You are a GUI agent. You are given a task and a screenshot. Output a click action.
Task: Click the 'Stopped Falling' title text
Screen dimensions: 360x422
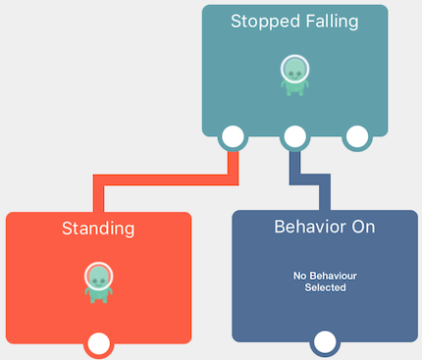pos(294,21)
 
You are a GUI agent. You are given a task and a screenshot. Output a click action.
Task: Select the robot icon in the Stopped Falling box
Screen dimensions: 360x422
pos(294,76)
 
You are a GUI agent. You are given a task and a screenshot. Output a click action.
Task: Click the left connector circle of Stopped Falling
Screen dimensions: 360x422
pos(233,137)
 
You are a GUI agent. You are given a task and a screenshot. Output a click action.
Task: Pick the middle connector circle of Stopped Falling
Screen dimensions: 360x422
pos(294,137)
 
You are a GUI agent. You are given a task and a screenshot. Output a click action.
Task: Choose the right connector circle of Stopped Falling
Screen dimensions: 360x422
pos(355,137)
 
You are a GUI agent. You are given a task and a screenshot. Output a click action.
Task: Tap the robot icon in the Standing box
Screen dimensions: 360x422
pos(98,283)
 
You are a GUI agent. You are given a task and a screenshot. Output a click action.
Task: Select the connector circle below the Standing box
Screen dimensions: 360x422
pos(98,343)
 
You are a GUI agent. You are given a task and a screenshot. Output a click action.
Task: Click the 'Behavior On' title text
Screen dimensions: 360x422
pos(324,227)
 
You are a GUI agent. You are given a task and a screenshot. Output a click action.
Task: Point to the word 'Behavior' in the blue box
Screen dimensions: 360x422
pos(305,227)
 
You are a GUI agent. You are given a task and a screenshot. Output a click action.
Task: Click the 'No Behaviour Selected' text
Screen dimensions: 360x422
pos(324,282)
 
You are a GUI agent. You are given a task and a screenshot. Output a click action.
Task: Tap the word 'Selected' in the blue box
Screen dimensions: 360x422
pos(324,288)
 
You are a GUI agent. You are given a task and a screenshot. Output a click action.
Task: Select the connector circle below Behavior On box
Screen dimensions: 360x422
pos(324,343)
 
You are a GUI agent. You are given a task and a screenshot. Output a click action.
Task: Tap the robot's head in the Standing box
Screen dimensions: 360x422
pos(98,275)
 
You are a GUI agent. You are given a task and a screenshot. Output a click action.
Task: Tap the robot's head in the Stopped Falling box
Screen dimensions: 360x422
pos(294,69)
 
